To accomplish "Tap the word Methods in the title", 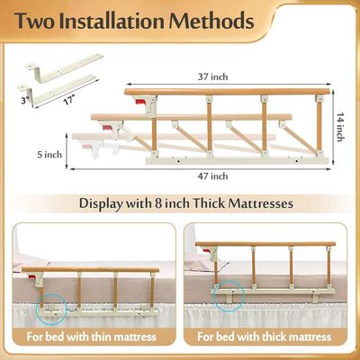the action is tap(211, 21).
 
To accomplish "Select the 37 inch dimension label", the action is tap(212, 76).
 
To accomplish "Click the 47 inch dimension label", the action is tap(212, 175).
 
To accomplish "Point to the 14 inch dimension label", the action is tap(340, 127).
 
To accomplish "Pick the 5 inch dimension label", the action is tap(49, 155).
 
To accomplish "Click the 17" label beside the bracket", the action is tap(68, 100).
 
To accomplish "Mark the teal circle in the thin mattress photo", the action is tap(51, 308).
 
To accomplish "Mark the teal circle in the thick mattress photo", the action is tap(229, 296).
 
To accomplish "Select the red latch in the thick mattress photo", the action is tap(207, 250).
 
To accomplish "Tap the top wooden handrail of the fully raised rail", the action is tap(228, 92).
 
